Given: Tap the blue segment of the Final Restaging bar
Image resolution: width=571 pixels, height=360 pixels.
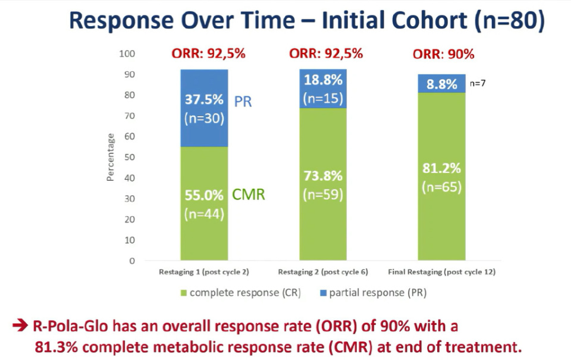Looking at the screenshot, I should point(441,83).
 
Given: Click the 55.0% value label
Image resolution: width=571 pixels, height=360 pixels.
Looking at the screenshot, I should point(203,195).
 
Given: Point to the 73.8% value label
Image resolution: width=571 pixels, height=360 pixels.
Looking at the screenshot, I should point(324,176).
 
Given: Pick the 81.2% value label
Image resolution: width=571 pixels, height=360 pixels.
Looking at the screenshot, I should point(441,168).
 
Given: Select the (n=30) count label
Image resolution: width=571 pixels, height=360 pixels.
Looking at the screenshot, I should point(203,118).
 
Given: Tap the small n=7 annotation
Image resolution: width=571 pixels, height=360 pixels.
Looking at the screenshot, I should point(478,84).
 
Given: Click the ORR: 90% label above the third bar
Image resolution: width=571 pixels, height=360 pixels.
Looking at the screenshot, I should point(443,54).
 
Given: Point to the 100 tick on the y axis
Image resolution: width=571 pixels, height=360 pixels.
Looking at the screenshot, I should point(128,54).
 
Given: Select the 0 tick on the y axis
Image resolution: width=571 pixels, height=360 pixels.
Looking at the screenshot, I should point(133,261).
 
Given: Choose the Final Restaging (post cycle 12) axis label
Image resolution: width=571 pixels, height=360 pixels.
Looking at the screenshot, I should point(441,273).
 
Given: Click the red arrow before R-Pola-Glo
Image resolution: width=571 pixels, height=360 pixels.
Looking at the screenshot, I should point(20,326).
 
